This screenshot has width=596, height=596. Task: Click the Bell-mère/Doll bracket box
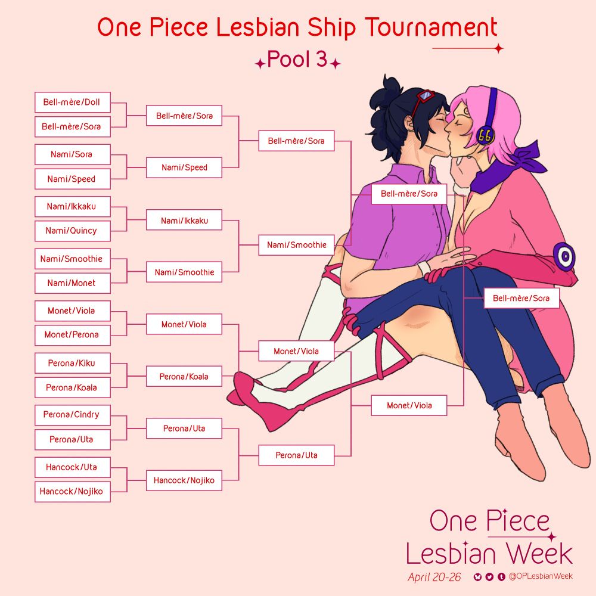coord(72,102)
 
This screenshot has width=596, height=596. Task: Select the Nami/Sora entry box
coord(72,154)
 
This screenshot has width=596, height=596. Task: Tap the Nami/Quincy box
coord(72,231)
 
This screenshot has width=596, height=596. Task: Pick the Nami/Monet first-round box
coord(72,283)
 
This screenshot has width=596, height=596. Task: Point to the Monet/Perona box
coord(72,335)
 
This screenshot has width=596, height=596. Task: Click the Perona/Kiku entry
coord(72,363)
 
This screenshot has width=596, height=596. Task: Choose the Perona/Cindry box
coord(72,415)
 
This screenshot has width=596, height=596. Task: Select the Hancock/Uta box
coord(72,467)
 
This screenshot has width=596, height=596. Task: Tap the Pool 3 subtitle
coord(297,60)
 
